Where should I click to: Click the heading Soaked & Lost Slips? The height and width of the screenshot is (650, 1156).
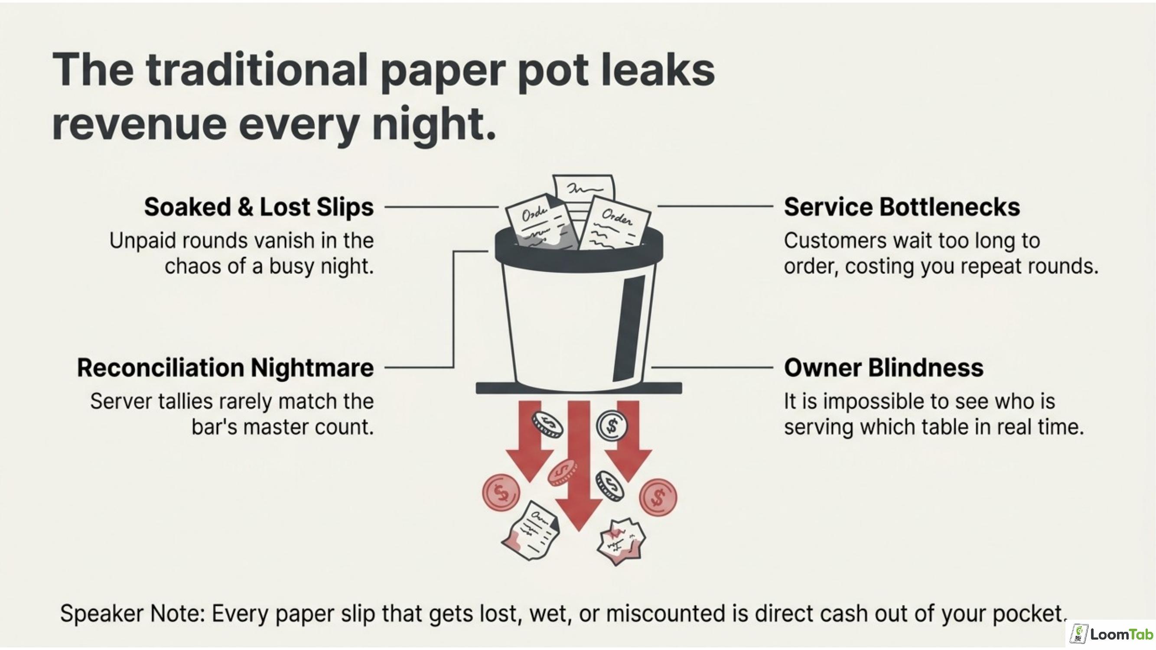coord(258,207)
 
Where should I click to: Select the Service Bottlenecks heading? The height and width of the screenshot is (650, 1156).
coord(902,207)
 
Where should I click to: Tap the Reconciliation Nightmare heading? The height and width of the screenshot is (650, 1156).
coord(225,368)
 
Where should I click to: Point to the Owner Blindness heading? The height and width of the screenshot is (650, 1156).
coord(884,368)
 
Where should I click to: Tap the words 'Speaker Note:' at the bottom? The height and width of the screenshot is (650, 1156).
coord(133,614)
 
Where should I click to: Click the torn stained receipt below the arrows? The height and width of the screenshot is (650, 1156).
coord(530,531)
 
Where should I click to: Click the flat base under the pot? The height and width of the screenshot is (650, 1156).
coord(579,387)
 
